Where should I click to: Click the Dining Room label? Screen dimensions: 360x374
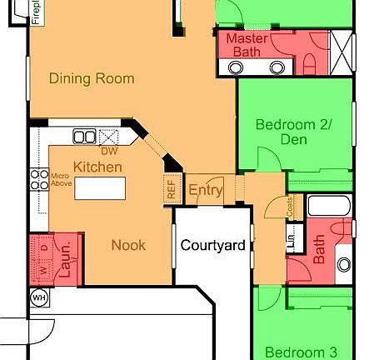click(x=92, y=79)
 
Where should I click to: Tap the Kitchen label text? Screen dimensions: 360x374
click(x=98, y=167)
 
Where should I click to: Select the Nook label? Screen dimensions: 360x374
click(x=129, y=245)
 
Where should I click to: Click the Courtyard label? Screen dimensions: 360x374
click(x=212, y=245)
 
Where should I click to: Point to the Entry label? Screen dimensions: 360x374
click(x=205, y=191)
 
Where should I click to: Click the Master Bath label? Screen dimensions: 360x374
click(x=247, y=45)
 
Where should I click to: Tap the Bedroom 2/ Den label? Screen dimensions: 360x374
click(x=293, y=132)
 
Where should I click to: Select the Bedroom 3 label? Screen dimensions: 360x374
click(x=297, y=351)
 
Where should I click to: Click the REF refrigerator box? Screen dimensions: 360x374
click(x=172, y=189)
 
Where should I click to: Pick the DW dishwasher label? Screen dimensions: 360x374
click(x=108, y=152)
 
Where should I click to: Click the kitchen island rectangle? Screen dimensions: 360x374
click(x=105, y=188)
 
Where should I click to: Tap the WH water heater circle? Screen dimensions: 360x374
click(x=37, y=297)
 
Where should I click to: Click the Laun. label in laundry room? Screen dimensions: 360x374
click(x=63, y=251)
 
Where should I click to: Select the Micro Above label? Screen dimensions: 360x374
click(x=59, y=182)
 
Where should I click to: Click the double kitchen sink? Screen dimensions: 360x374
click(x=84, y=136)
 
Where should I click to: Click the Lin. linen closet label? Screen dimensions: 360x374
click(x=291, y=242)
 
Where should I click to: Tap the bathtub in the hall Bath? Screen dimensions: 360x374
click(x=330, y=207)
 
